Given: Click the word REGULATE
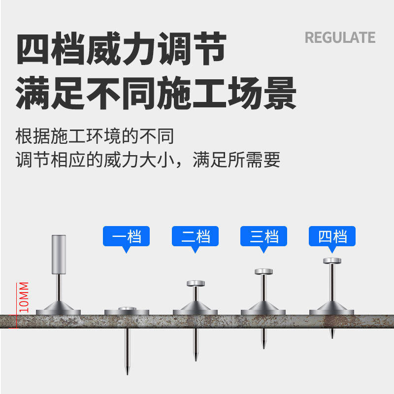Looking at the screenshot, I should [x=340, y=37].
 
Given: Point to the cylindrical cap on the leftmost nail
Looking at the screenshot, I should [x=59, y=254].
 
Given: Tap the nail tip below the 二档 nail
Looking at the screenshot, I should [x=195, y=357].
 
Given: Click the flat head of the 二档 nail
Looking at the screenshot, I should [x=195, y=283].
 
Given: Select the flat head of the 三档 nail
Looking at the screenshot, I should [x=263, y=271].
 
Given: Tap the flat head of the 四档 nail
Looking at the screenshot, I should [x=332, y=260].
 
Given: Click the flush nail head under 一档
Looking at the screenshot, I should [x=127, y=308].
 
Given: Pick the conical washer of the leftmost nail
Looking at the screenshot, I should [x=59, y=309].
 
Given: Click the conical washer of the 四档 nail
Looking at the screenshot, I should [x=332, y=309].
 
